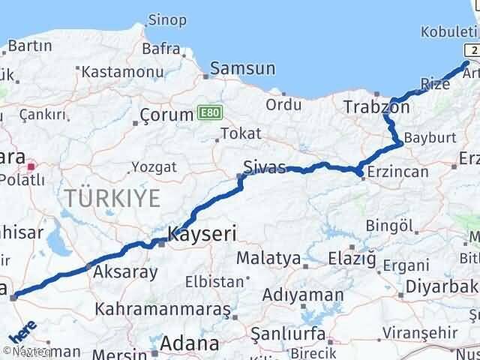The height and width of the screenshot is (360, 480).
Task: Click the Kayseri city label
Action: point(202,233)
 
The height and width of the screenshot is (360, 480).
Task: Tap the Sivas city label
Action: point(265,166)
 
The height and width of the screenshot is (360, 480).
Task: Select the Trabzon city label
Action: point(376,107)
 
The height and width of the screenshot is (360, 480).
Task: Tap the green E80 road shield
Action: point(209,112)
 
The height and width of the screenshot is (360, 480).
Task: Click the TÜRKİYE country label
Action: point(112,199)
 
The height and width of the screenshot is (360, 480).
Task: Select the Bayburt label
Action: point(425,139)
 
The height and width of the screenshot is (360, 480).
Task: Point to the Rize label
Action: point(435,84)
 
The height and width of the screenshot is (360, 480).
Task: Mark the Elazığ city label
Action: point(351,259)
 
